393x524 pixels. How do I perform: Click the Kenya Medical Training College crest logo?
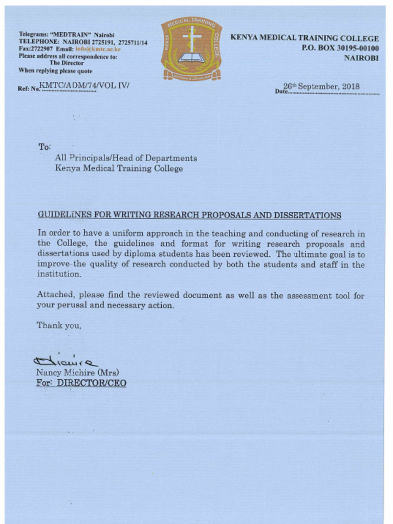tap(191, 50)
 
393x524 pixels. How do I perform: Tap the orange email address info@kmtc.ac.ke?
tap(98, 50)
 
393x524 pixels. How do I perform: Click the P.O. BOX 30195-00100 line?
tap(340, 48)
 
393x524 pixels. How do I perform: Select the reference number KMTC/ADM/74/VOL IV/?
tap(84, 86)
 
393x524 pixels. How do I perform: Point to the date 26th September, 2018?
tap(321, 86)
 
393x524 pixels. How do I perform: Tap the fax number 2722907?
tap(41, 50)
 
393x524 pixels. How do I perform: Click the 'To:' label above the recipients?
tap(45, 147)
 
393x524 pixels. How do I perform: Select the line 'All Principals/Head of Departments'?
tap(125, 158)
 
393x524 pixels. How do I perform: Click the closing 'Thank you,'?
tap(59, 325)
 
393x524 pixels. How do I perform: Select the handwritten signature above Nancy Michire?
tap(65, 361)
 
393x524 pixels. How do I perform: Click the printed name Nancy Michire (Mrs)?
tap(77, 373)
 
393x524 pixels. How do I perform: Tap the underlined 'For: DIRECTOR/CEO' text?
tap(81, 383)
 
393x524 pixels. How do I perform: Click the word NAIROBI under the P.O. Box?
tap(361, 58)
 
